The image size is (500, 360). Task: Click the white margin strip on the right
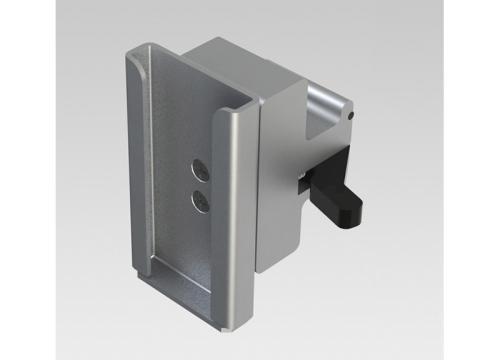471,180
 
